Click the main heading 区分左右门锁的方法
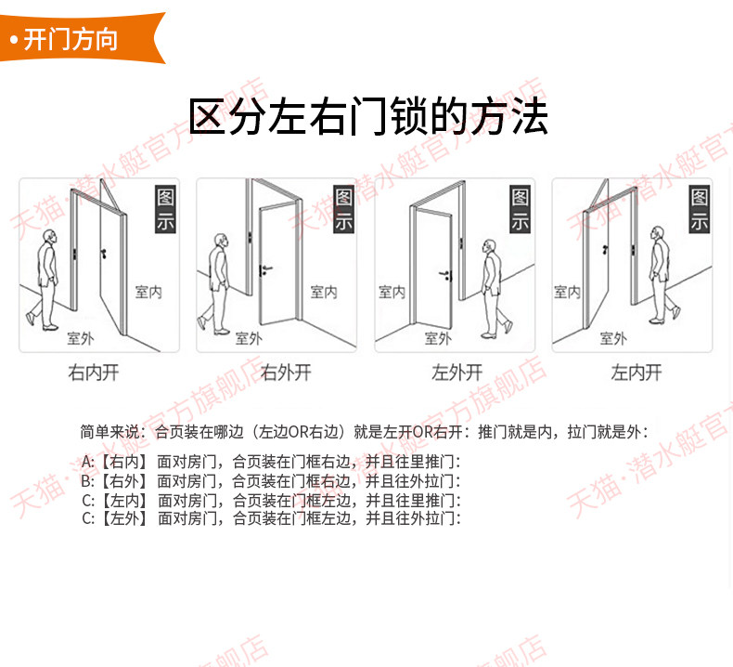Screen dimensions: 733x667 tap(367, 117)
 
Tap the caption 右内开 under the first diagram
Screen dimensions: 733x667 tap(94, 373)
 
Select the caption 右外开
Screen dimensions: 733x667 tap(285, 373)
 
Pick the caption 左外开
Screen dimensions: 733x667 tap(457, 373)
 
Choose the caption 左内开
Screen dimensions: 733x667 tap(637, 373)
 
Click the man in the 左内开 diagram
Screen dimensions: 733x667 tap(657, 274)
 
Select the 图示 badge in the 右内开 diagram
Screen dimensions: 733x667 tap(164, 210)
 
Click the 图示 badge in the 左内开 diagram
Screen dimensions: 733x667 tap(699, 210)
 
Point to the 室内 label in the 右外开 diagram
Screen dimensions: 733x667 tap(324, 293)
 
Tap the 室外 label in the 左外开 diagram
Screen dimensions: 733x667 tap(438, 338)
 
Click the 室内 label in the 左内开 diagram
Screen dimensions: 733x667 tap(567, 293)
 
